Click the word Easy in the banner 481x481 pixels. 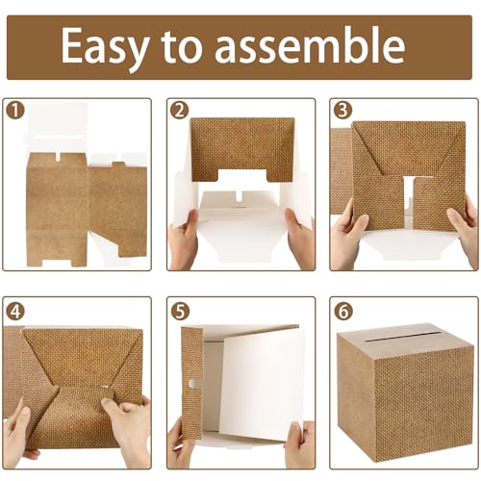pyautogui.click(x=105, y=47)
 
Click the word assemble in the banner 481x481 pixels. pyautogui.click(x=310, y=44)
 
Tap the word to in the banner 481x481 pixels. pyautogui.click(x=182, y=46)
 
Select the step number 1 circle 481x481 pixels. pyautogui.click(x=15, y=111)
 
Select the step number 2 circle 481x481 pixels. pyautogui.click(x=180, y=111)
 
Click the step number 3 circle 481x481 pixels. pyautogui.click(x=342, y=111)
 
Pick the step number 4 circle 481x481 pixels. pyautogui.click(x=15, y=311)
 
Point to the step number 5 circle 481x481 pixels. pyautogui.click(x=180, y=311)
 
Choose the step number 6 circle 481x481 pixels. pyautogui.click(x=343, y=311)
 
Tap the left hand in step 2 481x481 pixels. pyautogui.click(x=184, y=239)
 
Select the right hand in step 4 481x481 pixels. pyautogui.click(x=132, y=430)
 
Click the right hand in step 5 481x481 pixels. pyautogui.click(x=299, y=444)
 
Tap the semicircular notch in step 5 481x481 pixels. pyautogui.click(x=194, y=384)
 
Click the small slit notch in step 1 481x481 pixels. pyautogui.click(x=59, y=156)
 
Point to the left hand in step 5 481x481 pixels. pyautogui.click(x=181, y=444)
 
